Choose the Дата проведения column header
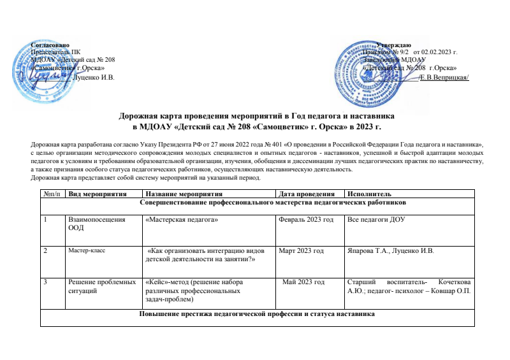point(303,194)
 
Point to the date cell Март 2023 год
point(302,250)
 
